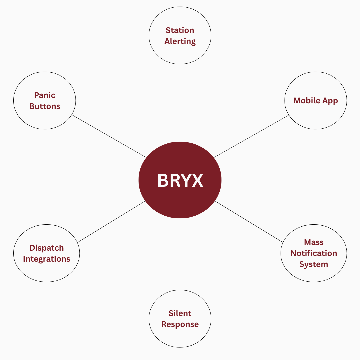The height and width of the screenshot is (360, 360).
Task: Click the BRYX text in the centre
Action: click(180, 180)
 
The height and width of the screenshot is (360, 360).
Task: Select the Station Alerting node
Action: click(180, 35)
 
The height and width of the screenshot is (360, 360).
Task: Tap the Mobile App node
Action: click(316, 100)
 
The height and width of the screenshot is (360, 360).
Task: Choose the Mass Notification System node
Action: click(314, 253)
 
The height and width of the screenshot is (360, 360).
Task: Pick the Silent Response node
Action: click(180, 318)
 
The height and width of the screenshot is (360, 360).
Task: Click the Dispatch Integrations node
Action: click(47, 253)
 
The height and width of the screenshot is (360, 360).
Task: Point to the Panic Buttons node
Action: click(45, 100)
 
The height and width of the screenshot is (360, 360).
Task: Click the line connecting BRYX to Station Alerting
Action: click(180, 103)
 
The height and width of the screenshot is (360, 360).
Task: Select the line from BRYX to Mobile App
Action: click(251, 136)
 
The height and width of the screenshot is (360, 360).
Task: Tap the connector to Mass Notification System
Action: click(249, 222)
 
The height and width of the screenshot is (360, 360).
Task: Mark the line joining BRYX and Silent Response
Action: click(180, 254)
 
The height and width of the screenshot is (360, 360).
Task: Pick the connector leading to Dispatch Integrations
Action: click(112, 222)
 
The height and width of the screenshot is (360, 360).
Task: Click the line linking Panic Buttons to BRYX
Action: click(109, 136)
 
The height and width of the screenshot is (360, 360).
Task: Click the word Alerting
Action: click(180, 42)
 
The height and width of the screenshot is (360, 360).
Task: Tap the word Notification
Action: click(314, 253)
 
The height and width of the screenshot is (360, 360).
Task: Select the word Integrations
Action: click(47, 259)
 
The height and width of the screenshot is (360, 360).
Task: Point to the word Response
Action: click(180, 324)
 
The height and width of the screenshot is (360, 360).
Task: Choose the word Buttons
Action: click(45, 106)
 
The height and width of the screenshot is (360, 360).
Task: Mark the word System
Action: click(314, 264)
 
